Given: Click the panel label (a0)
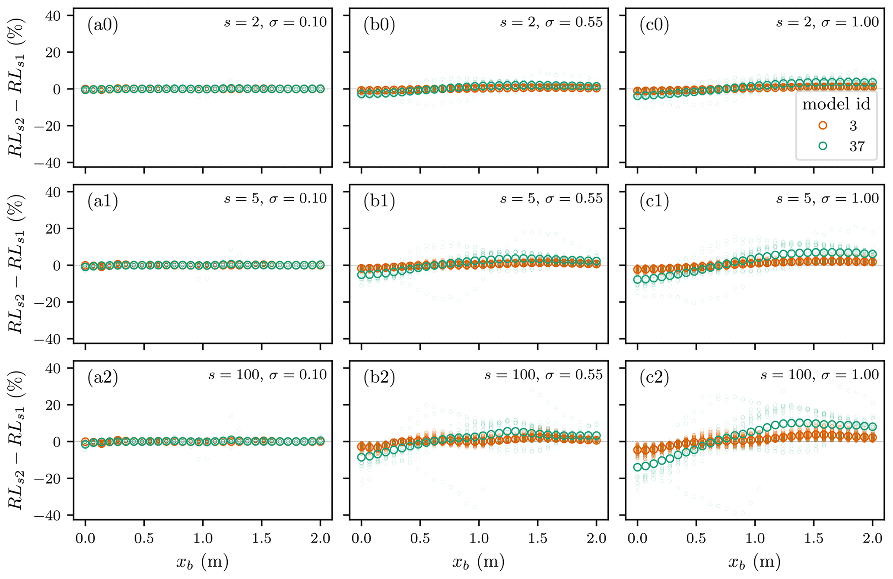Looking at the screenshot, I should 103,25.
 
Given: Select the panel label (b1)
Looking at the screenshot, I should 379,202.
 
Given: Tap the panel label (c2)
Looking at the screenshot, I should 654,378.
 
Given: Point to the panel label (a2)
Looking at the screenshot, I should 103,378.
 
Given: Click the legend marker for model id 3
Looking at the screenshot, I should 823,126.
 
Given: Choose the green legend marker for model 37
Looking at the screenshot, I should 823,146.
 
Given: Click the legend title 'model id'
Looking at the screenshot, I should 836,105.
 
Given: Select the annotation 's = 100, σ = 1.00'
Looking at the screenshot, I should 820,375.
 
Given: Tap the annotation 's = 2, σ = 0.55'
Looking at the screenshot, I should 551,22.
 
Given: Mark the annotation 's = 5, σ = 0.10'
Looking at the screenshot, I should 275,199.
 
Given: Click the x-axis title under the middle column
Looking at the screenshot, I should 478,562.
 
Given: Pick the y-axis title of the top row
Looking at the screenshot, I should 16,89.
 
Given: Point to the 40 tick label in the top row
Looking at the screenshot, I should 54,16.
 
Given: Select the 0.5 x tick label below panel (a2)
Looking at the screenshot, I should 144,538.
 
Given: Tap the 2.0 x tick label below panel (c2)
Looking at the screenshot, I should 872,538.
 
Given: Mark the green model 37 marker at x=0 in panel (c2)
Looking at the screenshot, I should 637,467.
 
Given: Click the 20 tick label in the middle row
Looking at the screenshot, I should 54,228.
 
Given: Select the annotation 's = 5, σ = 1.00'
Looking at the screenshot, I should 827,199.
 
